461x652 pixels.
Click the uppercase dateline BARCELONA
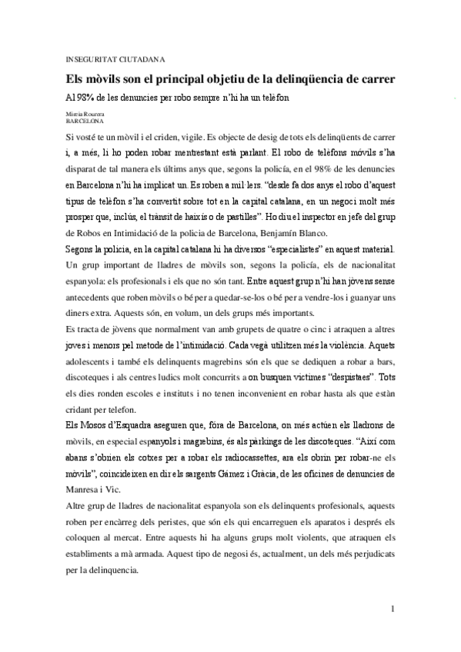(83, 121)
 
